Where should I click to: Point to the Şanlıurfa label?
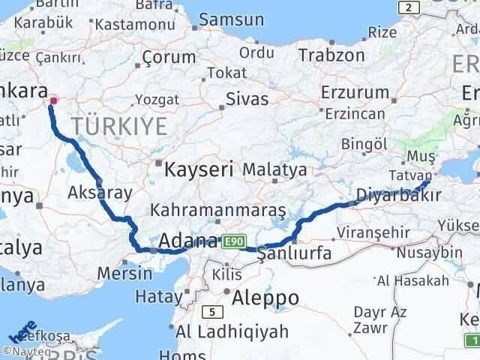pyautogui.click(x=294, y=253)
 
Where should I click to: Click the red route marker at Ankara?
pyautogui.click(x=53, y=100)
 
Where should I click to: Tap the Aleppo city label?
pyautogui.click(x=265, y=298)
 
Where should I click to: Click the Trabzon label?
pyautogui.click(x=331, y=55)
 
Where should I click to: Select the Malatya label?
pyautogui.click(x=274, y=169)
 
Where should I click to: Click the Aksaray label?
pyautogui.click(x=100, y=192)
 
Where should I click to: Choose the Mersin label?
pyautogui.click(x=124, y=273)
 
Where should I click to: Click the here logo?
pyautogui.click(x=22, y=331)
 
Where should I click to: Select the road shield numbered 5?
pyautogui.click(x=213, y=313)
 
